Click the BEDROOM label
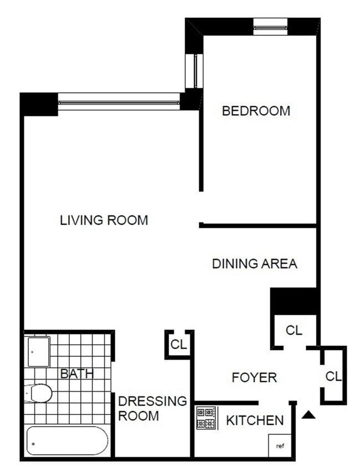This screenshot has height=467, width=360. [x=255, y=111]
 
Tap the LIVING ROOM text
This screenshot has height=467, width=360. [x=104, y=220]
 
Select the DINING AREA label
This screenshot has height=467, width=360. [x=254, y=264]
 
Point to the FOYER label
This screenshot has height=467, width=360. [x=254, y=378]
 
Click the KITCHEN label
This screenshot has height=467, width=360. [x=254, y=421]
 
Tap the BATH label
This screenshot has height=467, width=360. [x=76, y=373]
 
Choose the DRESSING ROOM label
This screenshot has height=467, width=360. [x=152, y=408]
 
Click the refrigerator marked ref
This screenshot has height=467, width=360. [x=280, y=445]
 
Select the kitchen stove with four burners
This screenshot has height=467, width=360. [x=207, y=418]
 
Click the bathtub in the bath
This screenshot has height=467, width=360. [x=67, y=441]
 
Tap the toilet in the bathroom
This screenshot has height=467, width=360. [x=40, y=393]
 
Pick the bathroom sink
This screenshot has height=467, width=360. [x=39, y=351]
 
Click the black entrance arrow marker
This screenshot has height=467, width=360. [x=309, y=414]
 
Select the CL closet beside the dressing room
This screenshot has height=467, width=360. [x=178, y=345]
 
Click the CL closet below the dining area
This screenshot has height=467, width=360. [x=294, y=330]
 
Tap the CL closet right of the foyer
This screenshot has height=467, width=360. [x=333, y=376]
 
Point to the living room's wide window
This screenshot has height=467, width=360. [x=119, y=101]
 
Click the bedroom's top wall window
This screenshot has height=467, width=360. [x=270, y=26]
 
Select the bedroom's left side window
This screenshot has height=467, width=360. [x=197, y=71]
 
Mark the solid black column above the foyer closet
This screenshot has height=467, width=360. [x=294, y=301]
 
